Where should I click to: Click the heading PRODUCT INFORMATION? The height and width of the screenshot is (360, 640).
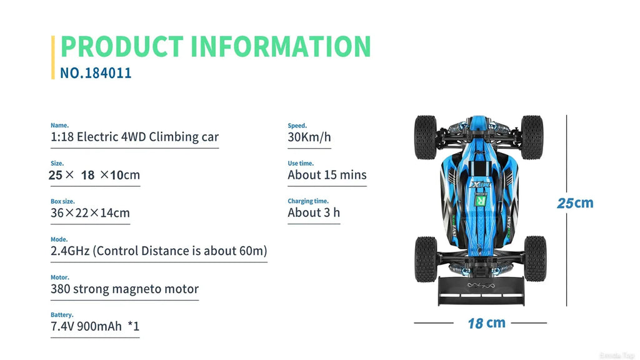tap(216, 47)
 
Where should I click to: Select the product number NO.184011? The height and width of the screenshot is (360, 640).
tap(96, 73)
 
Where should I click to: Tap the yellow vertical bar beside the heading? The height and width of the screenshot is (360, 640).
tap(53, 57)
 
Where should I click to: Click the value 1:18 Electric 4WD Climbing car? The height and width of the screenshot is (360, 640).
tap(134, 137)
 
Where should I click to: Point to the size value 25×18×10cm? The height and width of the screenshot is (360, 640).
tap(94, 175)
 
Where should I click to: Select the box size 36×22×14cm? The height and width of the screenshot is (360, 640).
tap(90, 213)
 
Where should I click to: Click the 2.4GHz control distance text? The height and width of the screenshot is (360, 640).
tap(159, 251)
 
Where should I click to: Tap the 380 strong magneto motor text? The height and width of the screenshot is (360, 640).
tap(124, 289)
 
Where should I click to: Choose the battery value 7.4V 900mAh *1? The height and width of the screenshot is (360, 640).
tap(94, 327)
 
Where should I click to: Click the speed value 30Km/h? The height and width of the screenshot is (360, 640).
tap(309, 137)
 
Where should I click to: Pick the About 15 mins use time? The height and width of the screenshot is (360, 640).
tap(327, 175)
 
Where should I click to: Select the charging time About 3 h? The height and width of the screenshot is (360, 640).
tap(314, 212)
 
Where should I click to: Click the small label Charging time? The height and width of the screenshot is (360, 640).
tap(307, 201)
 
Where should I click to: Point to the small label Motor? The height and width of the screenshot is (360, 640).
tap(60, 277)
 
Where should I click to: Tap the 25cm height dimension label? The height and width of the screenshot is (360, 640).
tap(575, 203)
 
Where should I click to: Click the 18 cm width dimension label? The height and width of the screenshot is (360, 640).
tap(486, 323)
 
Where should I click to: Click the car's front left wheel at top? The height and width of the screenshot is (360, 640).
tap(426, 137)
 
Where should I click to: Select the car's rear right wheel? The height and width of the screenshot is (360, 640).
tap(534, 258)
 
